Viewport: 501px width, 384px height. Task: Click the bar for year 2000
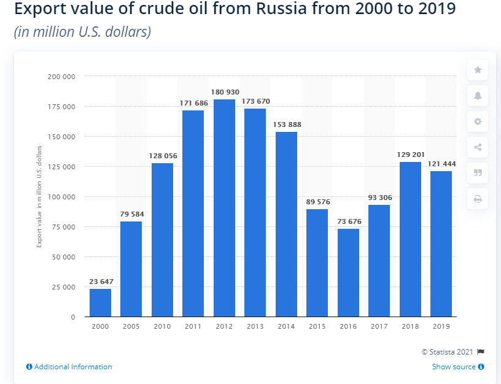pyautogui.click(x=100, y=302)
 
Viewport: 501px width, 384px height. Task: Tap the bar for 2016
pyautogui.click(x=348, y=272)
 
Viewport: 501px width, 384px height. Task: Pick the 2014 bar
pyautogui.click(x=286, y=224)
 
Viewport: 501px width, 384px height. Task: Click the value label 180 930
pyautogui.click(x=225, y=92)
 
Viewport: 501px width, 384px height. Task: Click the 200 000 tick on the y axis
pyautogui.click(x=61, y=77)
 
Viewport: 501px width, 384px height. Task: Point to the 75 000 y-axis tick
pyautogui.click(x=63, y=227)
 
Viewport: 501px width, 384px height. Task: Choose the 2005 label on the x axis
pyautogui.click(x=131, y=327)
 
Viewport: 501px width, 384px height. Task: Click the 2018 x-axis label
pyautogui.click(x=410, y=327)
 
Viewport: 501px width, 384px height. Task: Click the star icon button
pyautogui.click(x=478, y=70)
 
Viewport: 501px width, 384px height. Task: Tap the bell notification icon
pyautogui.click(x=478, y=96)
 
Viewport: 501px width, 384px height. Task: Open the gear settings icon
pyautogui.click(x=478, y=121)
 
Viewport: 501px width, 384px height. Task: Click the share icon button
pyautogui.click(x=478, y=147)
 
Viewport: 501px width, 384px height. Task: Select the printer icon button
pyautogui.click(x=478, y=199)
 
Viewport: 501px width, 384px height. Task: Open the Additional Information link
pyautogui.click(x=69, y=367)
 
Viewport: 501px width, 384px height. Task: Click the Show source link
pyautogui.click(x=457, y=367)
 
